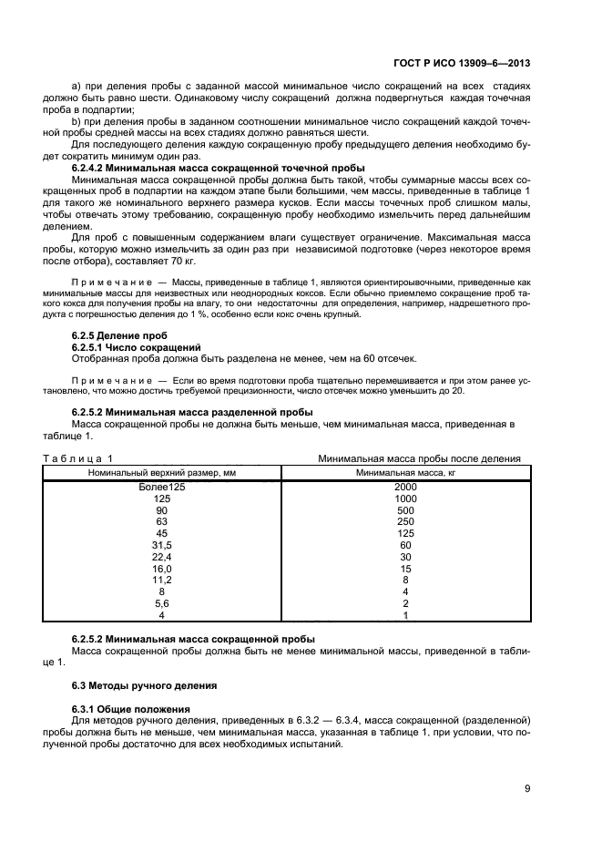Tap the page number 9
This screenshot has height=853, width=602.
point(527,789)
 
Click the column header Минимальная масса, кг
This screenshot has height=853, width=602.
point(405,472)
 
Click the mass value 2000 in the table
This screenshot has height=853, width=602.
point(405,488)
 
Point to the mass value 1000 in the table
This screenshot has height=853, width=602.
point(405,499)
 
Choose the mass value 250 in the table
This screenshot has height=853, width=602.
point(405,522)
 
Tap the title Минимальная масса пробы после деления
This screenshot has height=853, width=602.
point(418,458)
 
